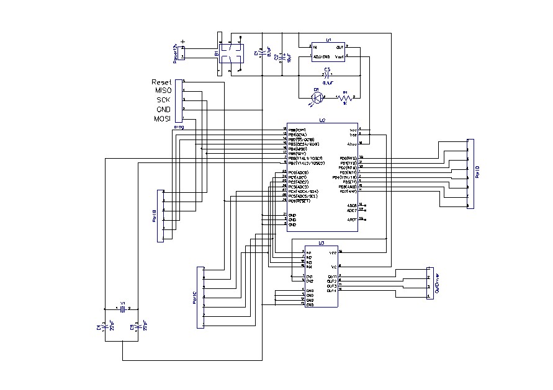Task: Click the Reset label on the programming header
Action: [x=161, y=82]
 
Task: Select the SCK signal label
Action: [x=163, y=100]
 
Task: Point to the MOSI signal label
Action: [x=162, y=118]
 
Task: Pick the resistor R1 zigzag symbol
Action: [x=345, y=97]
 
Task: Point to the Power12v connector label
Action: [x=176, y=54]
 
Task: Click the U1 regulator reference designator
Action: [x=328, y=39]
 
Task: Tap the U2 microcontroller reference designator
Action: [x=322, y=120]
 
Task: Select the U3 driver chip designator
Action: [x=321, y=244]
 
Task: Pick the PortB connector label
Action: [x=155, y=215]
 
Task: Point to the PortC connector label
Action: [x=194, y=298]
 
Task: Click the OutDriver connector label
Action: [x=437, y=283]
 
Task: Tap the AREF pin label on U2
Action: [x=351, y=219]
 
